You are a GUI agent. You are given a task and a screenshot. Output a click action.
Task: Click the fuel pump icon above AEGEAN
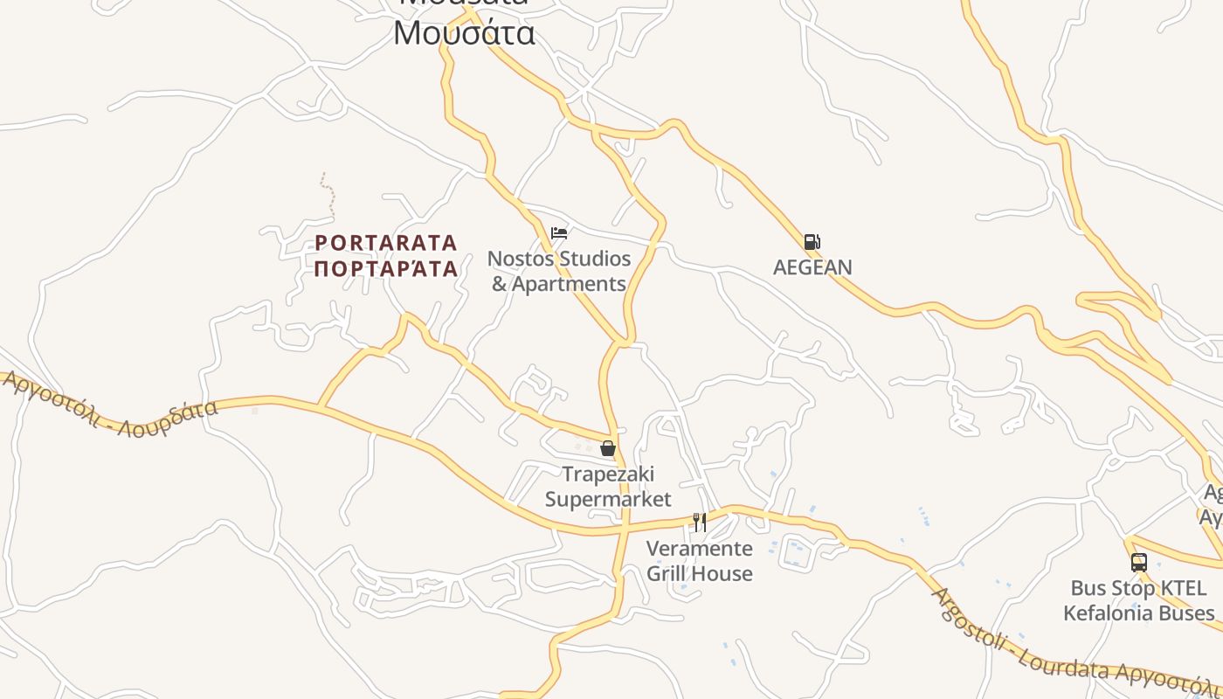[812, 242]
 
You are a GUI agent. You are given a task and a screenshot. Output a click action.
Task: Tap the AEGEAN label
[812, 267]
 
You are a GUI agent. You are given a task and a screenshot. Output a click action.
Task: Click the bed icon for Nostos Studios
[559, 232]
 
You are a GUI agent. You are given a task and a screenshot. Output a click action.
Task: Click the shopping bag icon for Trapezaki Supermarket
[608, 448]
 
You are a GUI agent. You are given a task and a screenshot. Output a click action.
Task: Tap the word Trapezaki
[608, 474]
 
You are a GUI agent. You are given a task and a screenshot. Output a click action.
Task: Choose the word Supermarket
[608, 499]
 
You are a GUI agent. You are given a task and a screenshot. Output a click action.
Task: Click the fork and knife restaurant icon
[699, 522]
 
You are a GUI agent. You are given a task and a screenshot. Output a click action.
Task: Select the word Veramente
[699, 549]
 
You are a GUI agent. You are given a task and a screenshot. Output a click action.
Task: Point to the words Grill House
[699, 573]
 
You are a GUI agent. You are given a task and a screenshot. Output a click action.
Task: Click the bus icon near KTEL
[1138, 562]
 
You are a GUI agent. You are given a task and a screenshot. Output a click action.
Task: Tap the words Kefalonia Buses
[1138, 612]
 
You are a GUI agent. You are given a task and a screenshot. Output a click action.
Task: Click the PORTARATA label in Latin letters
[386, 242]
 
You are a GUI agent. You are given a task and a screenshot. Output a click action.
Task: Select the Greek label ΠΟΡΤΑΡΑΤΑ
[386, 268]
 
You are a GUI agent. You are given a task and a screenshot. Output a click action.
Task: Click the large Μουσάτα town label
[464, 33]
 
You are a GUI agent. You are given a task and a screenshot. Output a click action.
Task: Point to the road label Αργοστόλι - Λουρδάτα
[109, 406]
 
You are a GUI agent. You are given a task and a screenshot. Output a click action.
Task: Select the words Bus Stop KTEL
[1124, 588]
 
